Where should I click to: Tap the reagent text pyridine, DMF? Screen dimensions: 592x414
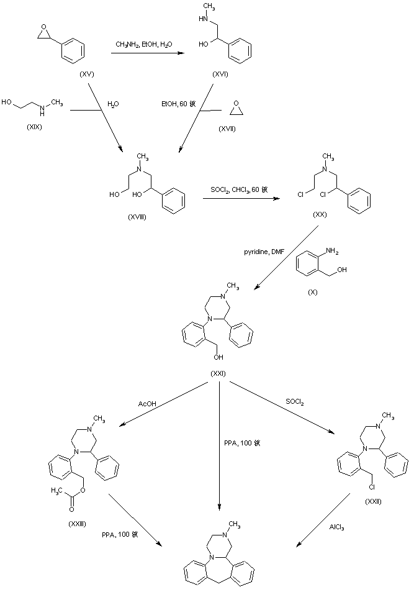(263, 252)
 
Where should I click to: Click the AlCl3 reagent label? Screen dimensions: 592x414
(337, 527)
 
